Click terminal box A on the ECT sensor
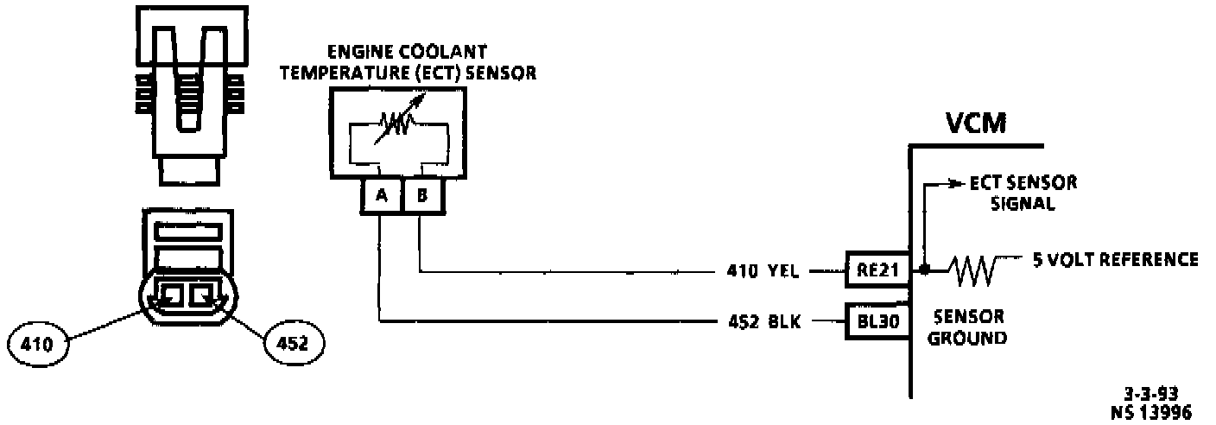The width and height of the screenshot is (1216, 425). (x=381, y=196)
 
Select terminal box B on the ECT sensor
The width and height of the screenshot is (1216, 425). (x=421, y=196)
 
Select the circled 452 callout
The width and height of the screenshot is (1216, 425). (x=293, y=343)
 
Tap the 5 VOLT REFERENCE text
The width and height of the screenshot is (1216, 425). (x=1114, y=259)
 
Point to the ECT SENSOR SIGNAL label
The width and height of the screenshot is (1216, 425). (x=1023, y=193)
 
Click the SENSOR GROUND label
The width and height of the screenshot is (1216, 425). (x=967, y=327)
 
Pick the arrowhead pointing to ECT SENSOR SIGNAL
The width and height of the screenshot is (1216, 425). (x=955, y=183)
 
